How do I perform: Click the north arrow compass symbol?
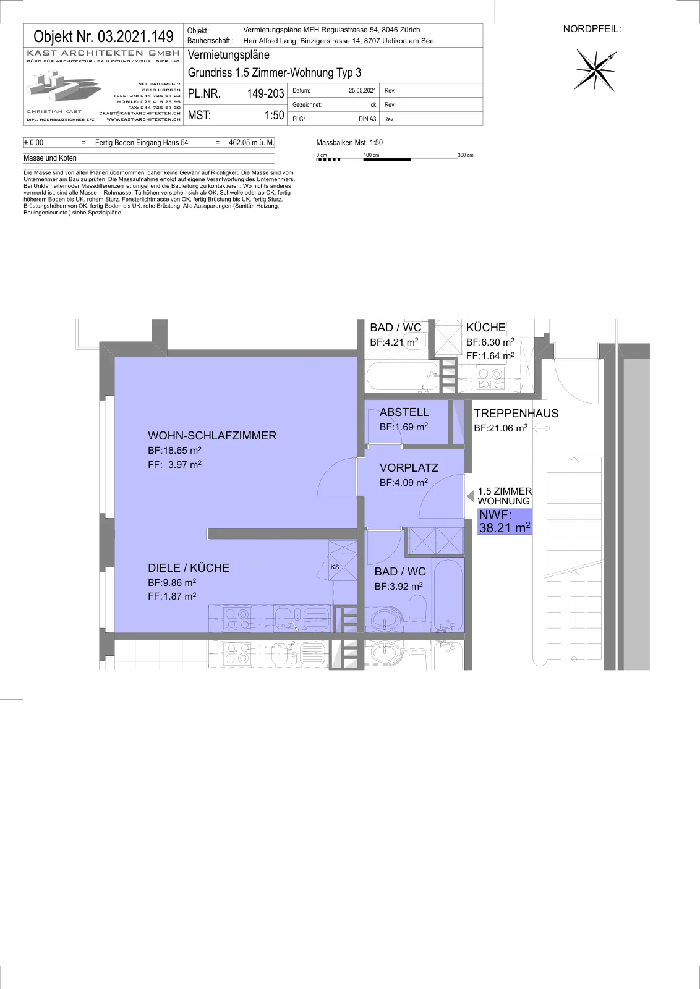pyautogui.click(x=595, y=70)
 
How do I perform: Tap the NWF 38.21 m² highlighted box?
pyautogui.click(x=505, y=522)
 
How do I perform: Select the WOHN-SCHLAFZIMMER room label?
pyautogui.click(x=212, y=435)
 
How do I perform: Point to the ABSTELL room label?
pyautogui.click(x=404, y=412)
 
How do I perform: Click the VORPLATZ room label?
pyautogui.click(x=409, y=467)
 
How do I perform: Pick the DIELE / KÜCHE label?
pyautogui.click(x=189, y=567)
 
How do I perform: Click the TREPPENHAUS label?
pyautogui.click(x=516, y=414)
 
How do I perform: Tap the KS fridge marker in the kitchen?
pyautogui.click(x=335, y=567)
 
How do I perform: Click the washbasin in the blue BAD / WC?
pyautogui.click(x=383, y=620)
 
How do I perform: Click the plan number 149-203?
pyautogui.click(x=265, y=93)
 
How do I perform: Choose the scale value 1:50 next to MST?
pyautogui.click(x=275, y=115)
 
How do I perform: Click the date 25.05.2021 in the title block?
pyautogui.click(x=362, y=90)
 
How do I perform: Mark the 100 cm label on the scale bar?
pyautogui.click(x=372, y=155)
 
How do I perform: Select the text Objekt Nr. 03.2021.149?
pyautogui.click(x=103, y=36)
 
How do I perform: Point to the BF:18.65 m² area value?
pyautogui.click(x=174, y=451)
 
